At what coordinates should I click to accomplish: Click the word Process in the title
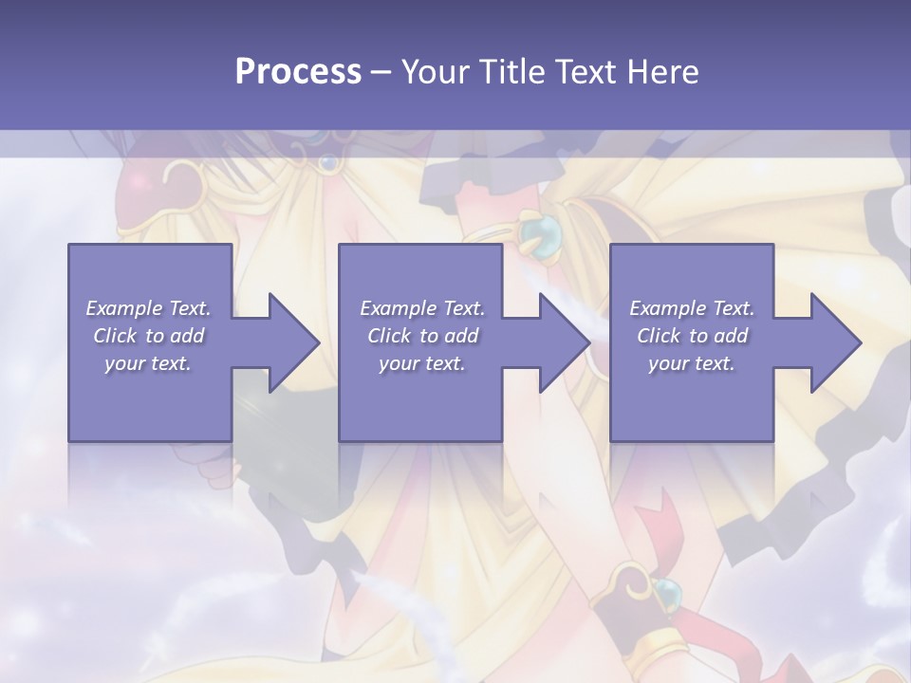pos(298,72)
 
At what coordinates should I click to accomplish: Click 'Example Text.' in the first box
pos(148,308)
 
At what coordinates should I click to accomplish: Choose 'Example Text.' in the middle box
pos(422,308)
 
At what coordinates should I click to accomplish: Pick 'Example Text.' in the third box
pos(692,308)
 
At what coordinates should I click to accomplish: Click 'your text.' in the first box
pos(148,363)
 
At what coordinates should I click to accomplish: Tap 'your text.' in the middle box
pos(422,363)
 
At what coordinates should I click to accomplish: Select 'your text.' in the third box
pos(692,363)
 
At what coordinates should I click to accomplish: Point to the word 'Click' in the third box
pos(660,336)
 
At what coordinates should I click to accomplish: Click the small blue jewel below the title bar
pos(329,164)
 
